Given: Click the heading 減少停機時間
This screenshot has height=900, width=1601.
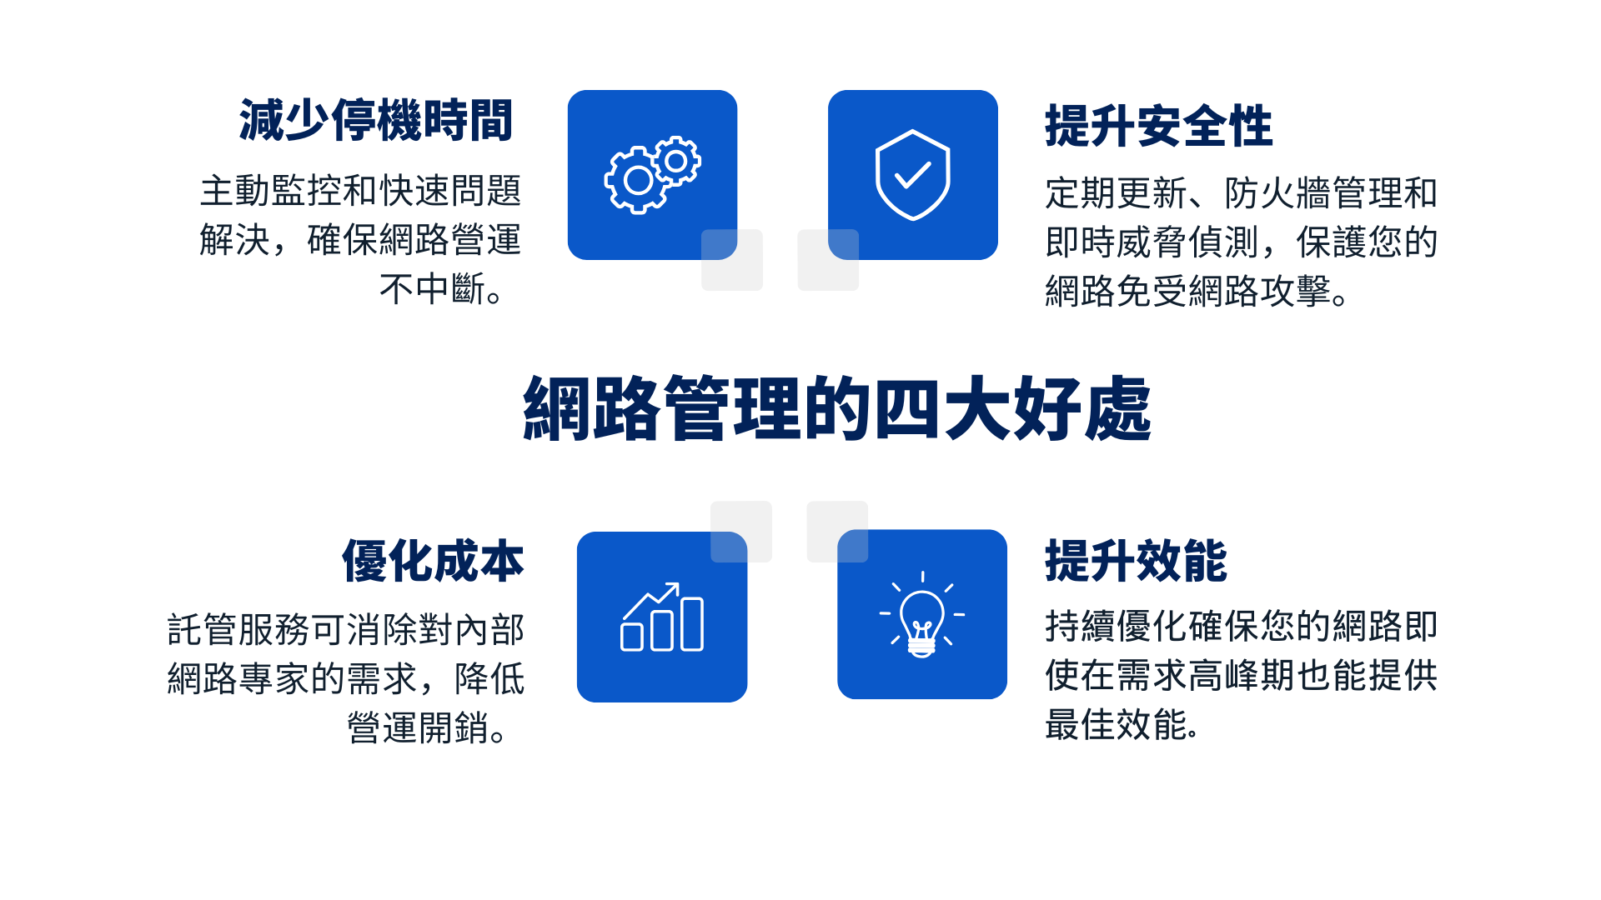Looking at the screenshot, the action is (375, 120).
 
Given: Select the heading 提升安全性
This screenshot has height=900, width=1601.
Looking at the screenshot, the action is (1159, 126).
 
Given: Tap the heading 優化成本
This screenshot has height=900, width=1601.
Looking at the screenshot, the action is (433, 561).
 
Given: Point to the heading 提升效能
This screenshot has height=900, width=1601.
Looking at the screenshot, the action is (1136, 561).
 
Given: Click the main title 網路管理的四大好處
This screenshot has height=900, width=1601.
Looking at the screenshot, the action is (837, 408).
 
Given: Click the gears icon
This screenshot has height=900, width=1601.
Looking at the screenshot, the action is (652, 175).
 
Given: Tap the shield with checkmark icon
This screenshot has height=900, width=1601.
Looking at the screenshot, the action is (913, 175).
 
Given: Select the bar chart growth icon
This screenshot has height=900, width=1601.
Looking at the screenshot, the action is (662, 617).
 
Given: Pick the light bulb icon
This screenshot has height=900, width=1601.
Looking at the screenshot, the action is (922, 615).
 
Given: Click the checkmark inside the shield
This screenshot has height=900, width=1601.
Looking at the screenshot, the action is (913, 175).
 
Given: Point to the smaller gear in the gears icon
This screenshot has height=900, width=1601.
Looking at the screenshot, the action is (676, 161).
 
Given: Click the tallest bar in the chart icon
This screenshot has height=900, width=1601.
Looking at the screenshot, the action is (692, 623).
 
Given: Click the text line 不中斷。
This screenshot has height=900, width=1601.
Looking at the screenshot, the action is (441, 289).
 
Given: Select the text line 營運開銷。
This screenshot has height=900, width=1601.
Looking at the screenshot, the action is (428, 727).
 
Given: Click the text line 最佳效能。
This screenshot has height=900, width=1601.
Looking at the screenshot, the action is (1122, 724).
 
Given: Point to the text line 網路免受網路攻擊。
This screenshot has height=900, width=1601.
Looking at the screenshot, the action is (1197, 291).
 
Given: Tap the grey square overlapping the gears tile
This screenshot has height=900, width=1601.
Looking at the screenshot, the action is (732, 260).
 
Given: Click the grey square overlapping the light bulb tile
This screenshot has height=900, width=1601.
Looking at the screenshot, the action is (837, 532).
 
